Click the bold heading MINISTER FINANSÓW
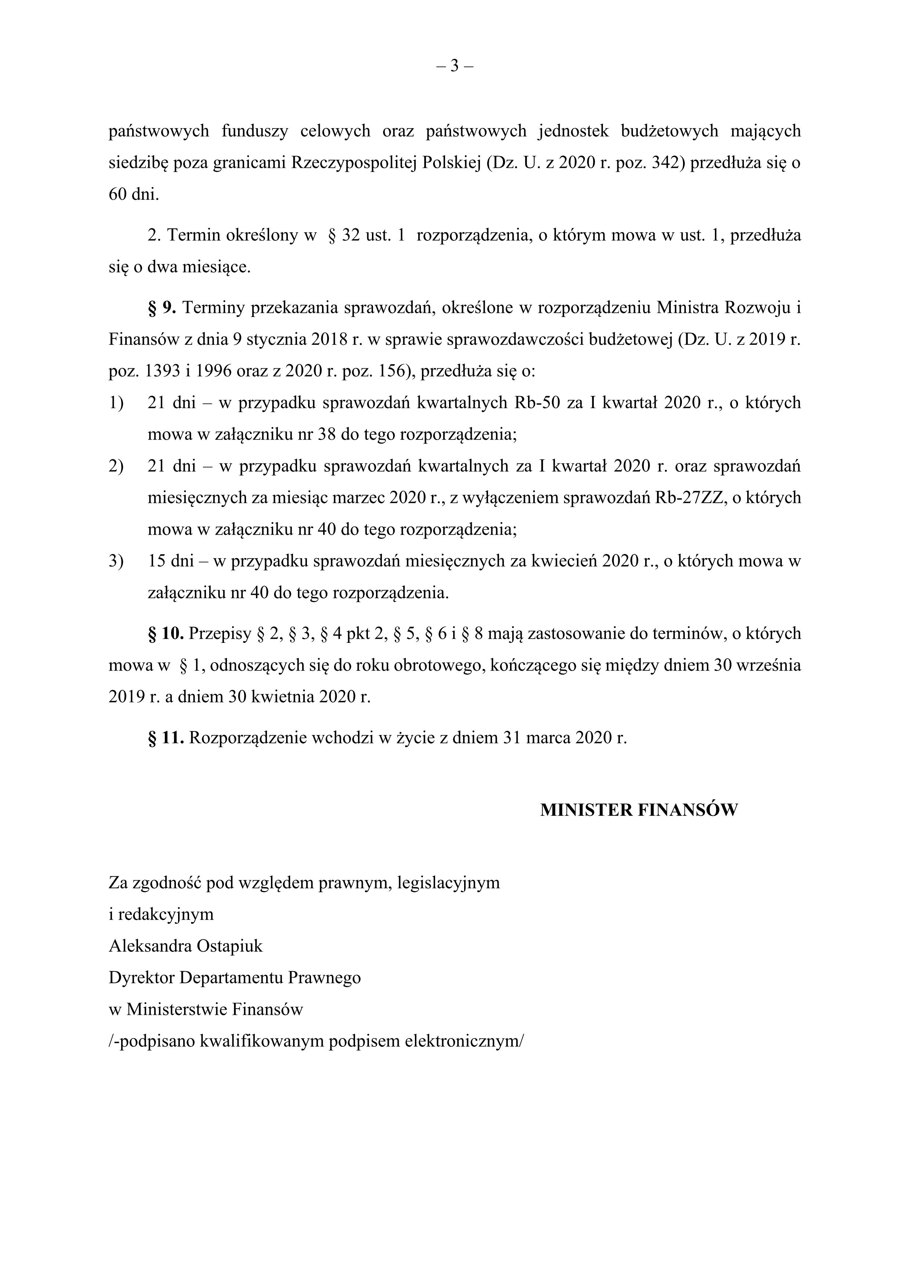pyautogui.click(x=639, y=810)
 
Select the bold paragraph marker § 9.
pyautogui.click(x=162, y=308)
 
